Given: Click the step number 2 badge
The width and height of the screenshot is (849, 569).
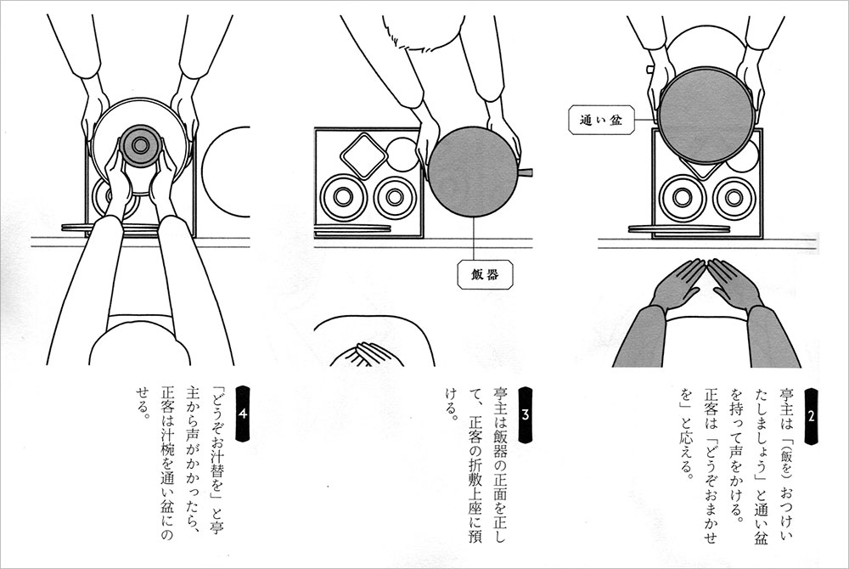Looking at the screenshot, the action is (811, 416).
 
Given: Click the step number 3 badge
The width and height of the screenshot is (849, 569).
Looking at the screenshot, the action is (526, 414).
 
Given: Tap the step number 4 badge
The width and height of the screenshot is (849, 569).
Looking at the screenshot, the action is (243, 414).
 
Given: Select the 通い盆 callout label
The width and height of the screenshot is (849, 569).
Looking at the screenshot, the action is (601, 121).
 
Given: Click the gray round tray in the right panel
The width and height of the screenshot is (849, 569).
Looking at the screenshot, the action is (705, 116).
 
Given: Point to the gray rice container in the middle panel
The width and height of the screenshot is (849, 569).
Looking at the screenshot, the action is (474, 171).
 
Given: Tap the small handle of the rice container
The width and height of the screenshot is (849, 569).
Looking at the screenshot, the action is (526, 172).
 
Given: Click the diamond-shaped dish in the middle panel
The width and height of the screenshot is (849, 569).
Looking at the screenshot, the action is (364, 155).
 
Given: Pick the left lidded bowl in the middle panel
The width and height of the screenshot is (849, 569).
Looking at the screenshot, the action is (343, 197).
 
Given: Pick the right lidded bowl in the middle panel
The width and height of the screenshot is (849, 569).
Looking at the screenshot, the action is (396, 198).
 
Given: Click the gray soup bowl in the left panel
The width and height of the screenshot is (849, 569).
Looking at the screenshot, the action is (140, 144).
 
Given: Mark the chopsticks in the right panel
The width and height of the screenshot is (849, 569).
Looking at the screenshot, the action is (679, 229).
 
